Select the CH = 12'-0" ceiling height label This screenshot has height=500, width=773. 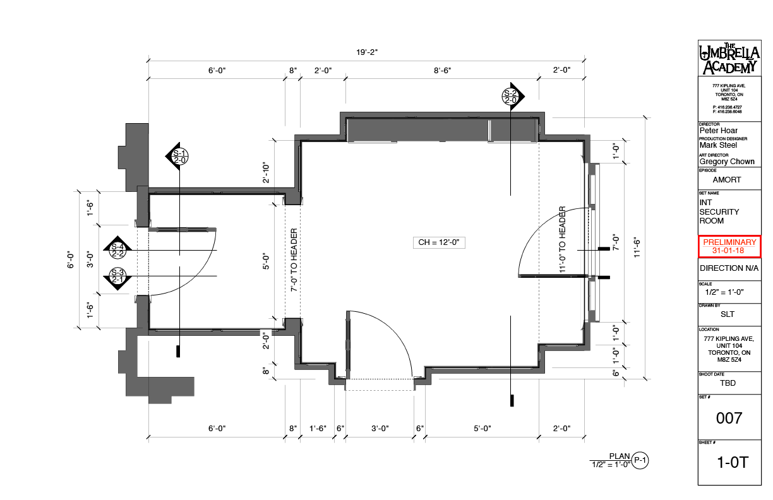(x=442, y=242)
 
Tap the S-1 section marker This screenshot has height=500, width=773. (x=179, y=157)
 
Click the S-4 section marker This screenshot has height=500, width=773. (x=118, y=250)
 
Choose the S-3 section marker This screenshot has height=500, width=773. (x=118, y=277)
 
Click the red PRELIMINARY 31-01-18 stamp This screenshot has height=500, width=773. (x=729, y=247)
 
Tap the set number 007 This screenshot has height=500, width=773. (x=729, y=417)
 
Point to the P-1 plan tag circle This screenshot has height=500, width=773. (x=640, y=461)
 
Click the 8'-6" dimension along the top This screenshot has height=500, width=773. (x=442, y=71)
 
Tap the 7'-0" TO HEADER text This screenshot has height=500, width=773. (x=294, y=259)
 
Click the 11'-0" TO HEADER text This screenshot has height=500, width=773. (x=562, y=239)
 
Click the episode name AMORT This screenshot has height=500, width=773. (x=726, y=180)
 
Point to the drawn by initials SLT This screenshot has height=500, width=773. (x=728, y=314)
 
